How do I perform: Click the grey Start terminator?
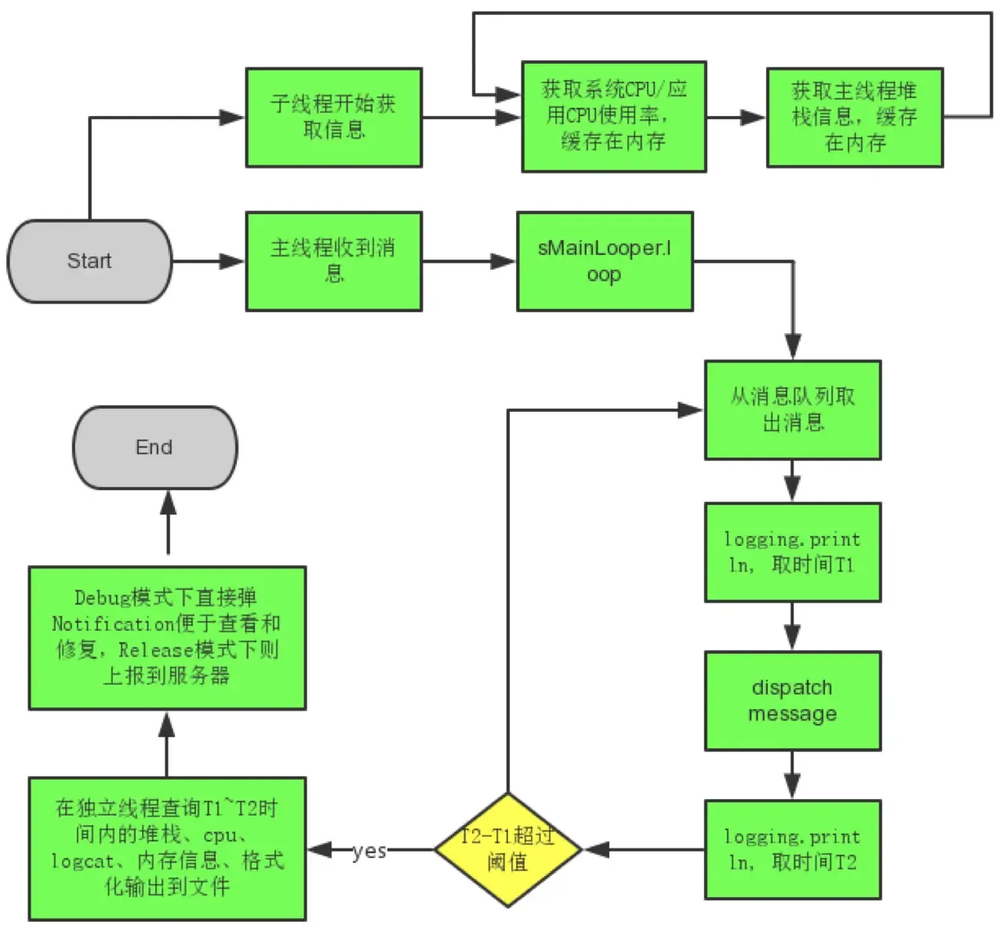tap(89, 261)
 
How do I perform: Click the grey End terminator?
tap(154, 448)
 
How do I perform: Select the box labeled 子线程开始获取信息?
tap(333, 117)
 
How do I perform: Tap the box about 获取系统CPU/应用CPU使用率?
tap(613, 116)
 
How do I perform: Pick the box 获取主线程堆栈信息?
tap(854, 117)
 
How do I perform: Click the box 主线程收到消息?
tap(333, 261)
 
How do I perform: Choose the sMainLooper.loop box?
tap(604, 261)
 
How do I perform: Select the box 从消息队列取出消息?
tap(792, 409)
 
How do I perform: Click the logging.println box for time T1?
tap(792, 552)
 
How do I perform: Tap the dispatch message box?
tap(792, 700)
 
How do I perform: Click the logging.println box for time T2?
tap(792, 849)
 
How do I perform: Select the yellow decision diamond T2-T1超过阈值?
tap(507, 849)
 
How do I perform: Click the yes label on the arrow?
tap(369, 851)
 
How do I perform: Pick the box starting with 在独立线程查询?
tap(167, 849)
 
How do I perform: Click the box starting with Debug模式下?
tap(167, 638)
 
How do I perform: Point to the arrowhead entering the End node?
tap(168, 503)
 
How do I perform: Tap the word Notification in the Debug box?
tap(113, 624)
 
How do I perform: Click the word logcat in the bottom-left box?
tap(82, 861)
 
